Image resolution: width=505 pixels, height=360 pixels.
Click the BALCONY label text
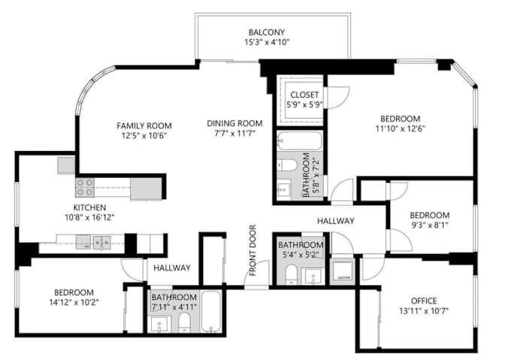[267, 32]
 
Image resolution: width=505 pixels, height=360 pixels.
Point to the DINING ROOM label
[234, 123]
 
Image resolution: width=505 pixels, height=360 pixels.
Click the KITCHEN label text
[89, 207]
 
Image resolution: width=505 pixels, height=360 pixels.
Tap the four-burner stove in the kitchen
[84, 186]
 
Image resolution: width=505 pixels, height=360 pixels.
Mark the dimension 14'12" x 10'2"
[73, 304]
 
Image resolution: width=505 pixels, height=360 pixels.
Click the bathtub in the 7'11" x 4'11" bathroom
[212, 313]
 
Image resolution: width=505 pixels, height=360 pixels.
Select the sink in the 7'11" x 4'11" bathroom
[159, 324]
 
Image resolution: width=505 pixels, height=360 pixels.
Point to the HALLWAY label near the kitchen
[171, 268]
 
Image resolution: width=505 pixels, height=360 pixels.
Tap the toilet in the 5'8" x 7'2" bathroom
[287, 165]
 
